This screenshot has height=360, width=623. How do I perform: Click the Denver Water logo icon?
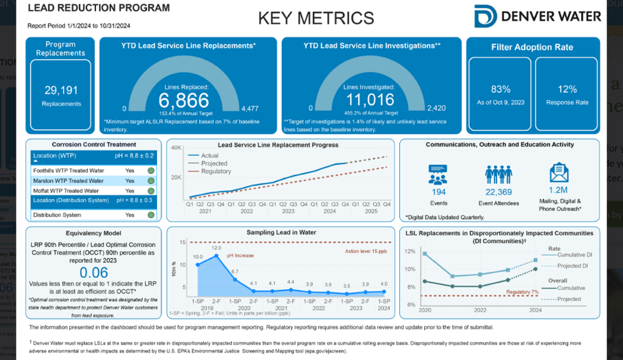485,16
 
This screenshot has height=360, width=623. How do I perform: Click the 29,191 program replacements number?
61,90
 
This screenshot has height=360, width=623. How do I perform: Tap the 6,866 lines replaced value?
184,100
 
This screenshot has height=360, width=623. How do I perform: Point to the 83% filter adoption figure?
500,89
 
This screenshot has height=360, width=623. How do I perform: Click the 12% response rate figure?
567,89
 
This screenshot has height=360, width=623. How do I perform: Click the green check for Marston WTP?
151,180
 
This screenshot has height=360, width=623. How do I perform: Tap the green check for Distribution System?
151,215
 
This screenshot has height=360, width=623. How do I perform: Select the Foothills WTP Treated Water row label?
69,171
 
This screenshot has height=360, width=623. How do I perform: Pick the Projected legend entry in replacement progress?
214,164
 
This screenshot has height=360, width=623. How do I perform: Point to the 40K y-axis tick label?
176,148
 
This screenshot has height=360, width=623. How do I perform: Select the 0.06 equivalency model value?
94,272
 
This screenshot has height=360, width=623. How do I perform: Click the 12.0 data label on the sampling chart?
216,248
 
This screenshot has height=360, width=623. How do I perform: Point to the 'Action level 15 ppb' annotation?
366,251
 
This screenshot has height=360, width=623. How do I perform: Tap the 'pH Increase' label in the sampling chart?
240,255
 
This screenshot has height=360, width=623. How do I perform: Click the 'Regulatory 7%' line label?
522,292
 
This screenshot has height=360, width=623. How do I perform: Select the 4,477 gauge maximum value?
250,108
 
